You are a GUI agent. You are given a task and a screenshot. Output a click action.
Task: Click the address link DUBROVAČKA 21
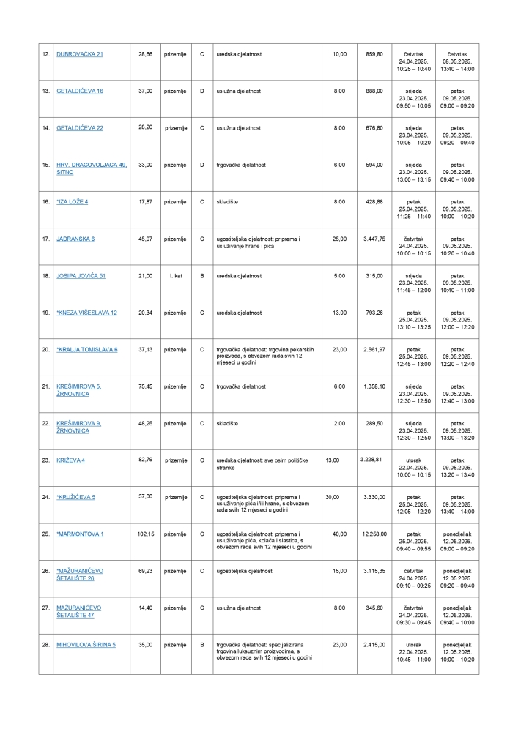(80, 54)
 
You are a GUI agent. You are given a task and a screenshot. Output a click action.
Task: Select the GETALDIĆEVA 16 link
(80, 91)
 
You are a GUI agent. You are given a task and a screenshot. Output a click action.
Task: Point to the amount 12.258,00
(374, 534)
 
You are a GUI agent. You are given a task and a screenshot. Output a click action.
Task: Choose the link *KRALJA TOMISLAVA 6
(87, 349)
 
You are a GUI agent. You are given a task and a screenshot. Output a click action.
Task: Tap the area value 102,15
(145, 534)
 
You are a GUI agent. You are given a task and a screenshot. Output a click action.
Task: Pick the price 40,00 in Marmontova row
(339, 534)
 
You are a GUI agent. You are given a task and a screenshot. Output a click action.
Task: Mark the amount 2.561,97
(374, 349)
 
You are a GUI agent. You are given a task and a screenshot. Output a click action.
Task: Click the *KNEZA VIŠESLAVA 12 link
(86, 313)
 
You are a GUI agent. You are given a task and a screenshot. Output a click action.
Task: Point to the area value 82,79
(145, 460)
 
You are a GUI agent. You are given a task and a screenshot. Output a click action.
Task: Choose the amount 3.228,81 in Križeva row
(371, 459)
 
